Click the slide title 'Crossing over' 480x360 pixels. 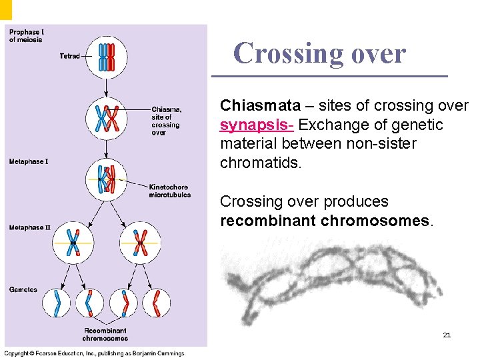point(319,53)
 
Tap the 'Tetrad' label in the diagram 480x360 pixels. point(69,56)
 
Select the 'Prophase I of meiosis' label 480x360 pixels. point(25,35)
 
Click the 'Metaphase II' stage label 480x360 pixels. point(29,228)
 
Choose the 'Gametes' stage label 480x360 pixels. point(23,289)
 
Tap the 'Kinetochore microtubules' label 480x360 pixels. point(169,191)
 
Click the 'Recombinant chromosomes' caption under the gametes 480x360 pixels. point(105,334)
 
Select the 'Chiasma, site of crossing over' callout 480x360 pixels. point(165,121)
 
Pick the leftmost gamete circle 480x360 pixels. point(57,303)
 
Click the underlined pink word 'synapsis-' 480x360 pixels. point(257,125)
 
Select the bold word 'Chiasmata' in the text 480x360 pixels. point(256,106)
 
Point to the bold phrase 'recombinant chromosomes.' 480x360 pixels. point(327,220)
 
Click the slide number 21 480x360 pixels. point(447,335)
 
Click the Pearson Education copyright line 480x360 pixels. point(94,353)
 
